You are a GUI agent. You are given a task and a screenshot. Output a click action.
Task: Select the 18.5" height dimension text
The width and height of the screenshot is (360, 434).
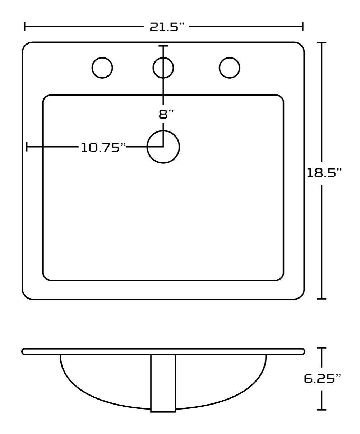pyautogui.click(x=323, y=173)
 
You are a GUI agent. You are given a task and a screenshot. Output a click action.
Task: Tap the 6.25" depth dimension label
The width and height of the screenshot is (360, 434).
pyautogui.click(x=322, y=378)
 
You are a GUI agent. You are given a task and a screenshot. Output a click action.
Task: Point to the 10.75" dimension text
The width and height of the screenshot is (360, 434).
pyautogui.click(x=103, y=147)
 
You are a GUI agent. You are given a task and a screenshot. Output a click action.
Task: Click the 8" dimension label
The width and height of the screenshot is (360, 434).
pyautogui.click(x=166, y=114)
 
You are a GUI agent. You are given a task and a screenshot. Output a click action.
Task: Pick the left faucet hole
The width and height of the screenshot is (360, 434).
pyautogui.click(x=102, y=68)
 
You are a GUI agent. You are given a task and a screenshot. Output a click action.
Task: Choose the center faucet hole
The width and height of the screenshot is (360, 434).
pyautogui.click(x=163, y=68)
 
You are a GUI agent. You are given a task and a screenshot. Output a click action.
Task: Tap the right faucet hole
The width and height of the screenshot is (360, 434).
pyautogui.click(x=230, y=68)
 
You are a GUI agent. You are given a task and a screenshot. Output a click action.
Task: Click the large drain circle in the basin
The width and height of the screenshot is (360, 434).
pyautogui.click(x=163, y=147)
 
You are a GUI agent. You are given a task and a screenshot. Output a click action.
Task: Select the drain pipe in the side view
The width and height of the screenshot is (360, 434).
pyautogui.click(x=163, y=383)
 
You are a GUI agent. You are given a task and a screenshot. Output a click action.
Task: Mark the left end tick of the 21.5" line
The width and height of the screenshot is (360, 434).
pyautogui.click(x=24, y=26)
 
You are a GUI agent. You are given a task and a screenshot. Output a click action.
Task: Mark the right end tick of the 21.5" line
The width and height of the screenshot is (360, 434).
pyautogui.click(x=303, y=26)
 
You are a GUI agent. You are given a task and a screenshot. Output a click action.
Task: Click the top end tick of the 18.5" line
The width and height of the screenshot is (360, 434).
pyautogui.click(x=322, y=43)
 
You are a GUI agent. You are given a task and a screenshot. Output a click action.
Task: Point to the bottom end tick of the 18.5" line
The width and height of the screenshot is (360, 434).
pyautogui.click(x=322, y=299)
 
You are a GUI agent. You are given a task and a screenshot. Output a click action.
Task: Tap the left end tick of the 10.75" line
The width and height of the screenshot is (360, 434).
pyautogui.click(x=27, y=147)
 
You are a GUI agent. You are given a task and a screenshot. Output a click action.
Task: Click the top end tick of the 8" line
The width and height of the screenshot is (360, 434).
pyautogui.click(x=163, y=46)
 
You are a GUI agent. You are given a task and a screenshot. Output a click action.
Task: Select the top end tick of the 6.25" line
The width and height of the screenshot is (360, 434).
pyautogui.click(x=322, y=348)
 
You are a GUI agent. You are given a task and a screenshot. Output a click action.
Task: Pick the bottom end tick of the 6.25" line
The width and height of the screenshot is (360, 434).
pyautogui.click(x=322, y=409)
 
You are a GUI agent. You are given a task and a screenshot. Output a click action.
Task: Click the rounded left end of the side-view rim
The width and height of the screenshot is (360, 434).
pyautogui.click(x=24, y=351)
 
